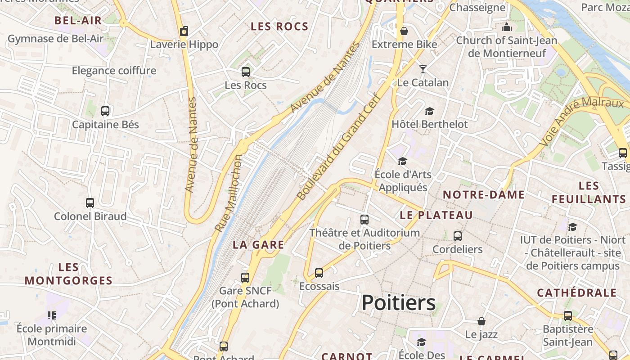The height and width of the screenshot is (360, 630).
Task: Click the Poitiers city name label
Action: (399, 303)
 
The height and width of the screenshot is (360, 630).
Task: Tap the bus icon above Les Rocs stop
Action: (246, 72)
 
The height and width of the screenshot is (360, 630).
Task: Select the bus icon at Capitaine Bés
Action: (105, 111)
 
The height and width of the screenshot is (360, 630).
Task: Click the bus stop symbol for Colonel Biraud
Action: (90, 203)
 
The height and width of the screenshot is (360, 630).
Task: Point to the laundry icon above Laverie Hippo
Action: (184, 31)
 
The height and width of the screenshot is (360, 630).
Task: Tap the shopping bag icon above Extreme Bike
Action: (404, 31)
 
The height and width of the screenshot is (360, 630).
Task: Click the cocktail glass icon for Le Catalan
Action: (423, 69)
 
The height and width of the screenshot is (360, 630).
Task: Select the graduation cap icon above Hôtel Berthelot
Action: (430, 111)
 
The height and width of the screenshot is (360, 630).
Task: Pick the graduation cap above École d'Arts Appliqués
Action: (402, 161)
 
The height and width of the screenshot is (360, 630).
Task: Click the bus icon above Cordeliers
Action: (458, 236)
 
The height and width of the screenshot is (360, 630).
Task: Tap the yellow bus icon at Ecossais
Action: (319, 273)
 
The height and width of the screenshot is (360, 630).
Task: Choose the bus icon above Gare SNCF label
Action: (245, 277)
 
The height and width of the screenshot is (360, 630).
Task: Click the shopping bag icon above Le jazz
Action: (481, 321)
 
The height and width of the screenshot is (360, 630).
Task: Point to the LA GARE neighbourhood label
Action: (258, 245)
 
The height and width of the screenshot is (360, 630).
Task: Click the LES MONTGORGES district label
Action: (68, 274)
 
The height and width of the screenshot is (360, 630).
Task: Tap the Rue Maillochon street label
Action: (229, 193)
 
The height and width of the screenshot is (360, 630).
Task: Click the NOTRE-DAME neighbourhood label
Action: (484, 195)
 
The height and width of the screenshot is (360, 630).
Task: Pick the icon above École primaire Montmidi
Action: (52, 315)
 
